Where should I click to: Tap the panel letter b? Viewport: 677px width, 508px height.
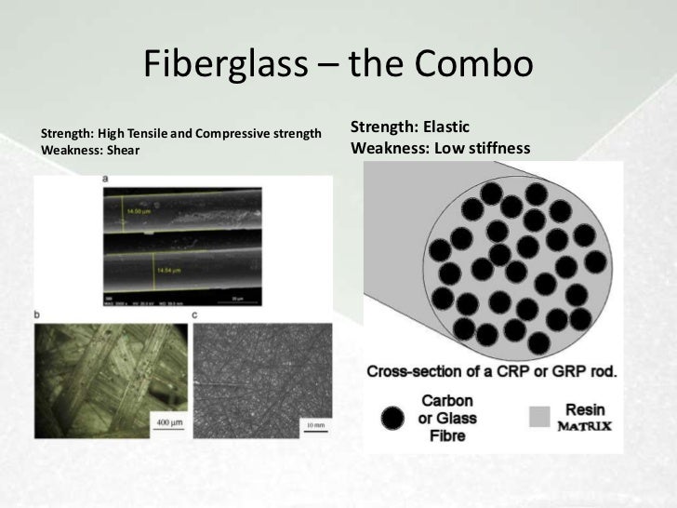pos(36,315)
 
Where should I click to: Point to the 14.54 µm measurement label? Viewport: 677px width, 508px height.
pos(169,269)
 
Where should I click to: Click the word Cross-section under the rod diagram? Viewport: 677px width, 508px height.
pos(410,371)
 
